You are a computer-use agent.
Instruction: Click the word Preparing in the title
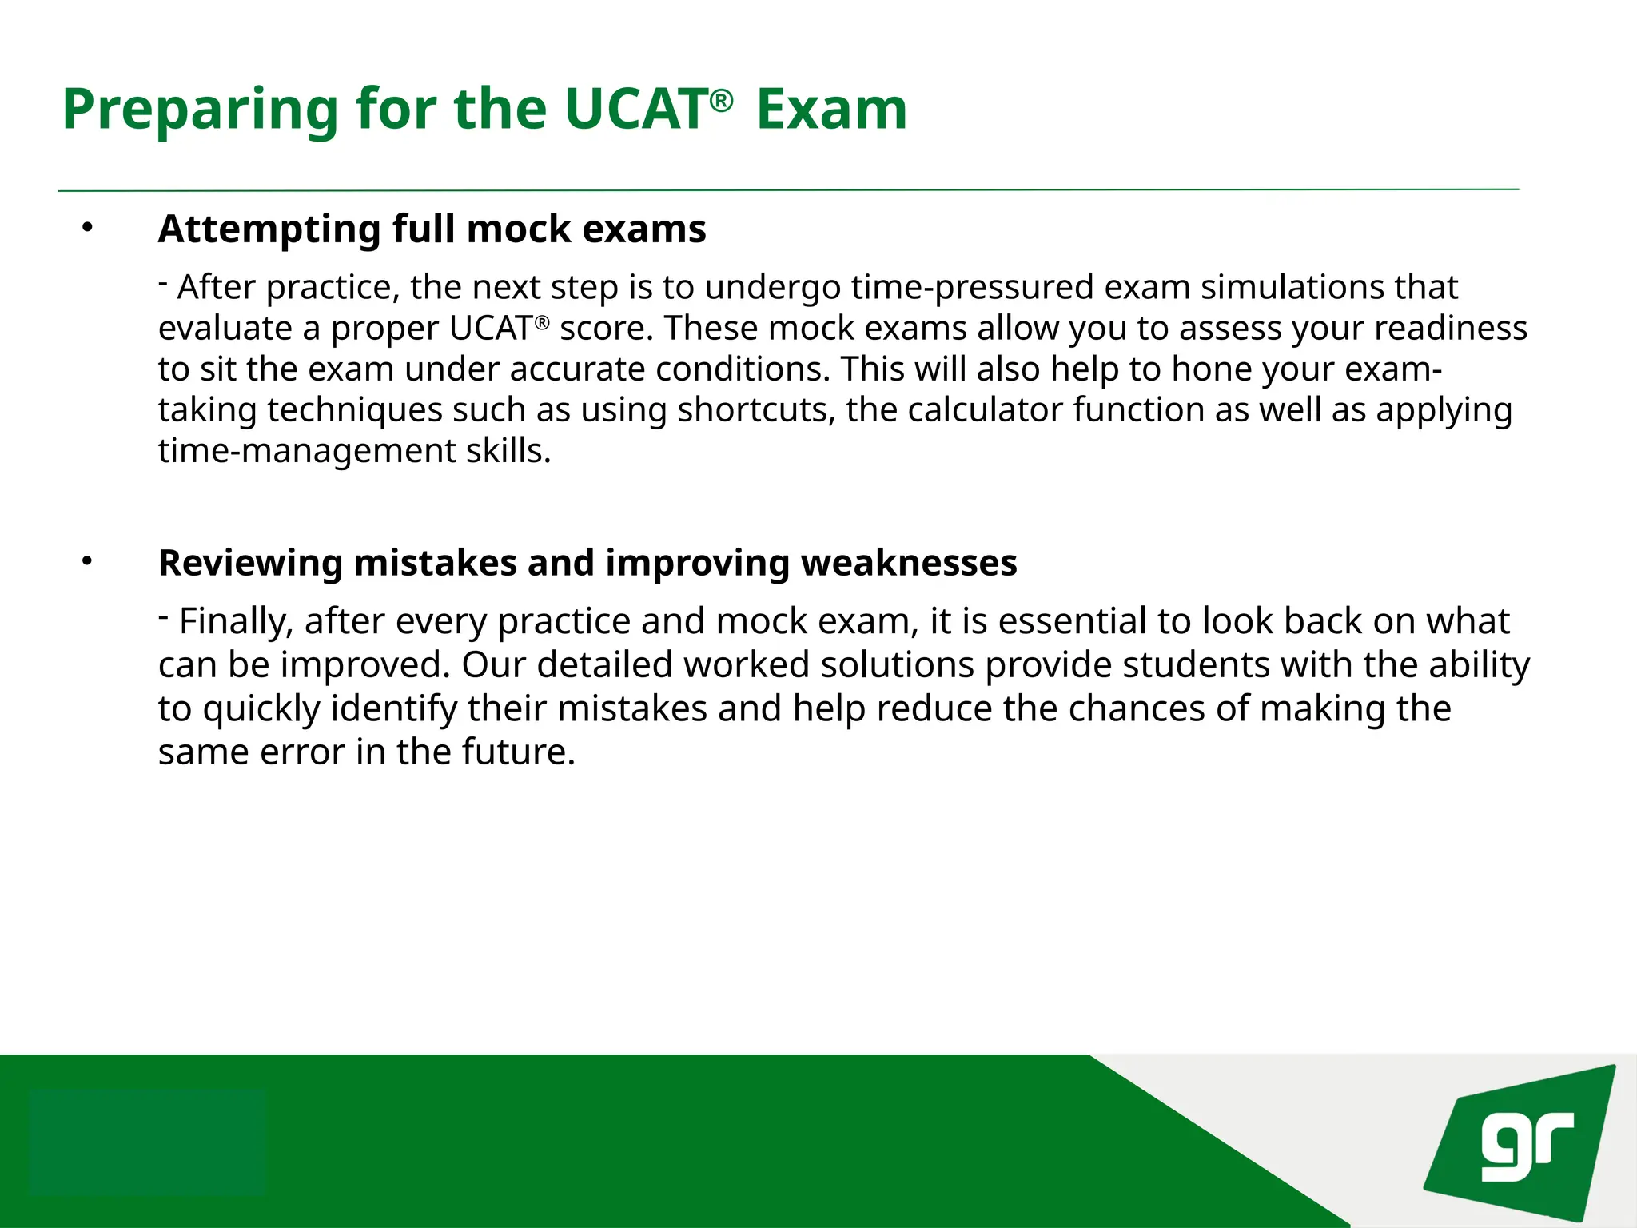201,110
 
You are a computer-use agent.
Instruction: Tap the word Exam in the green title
831,110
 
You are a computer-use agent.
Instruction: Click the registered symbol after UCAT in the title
721,101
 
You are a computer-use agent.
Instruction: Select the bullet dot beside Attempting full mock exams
87,229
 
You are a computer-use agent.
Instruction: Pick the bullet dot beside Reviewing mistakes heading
87,562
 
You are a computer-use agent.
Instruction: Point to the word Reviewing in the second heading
250,563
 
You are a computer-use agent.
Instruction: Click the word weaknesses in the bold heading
909,563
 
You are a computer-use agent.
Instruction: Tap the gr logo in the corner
1523,1146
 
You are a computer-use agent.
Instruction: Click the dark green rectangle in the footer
146,1142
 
